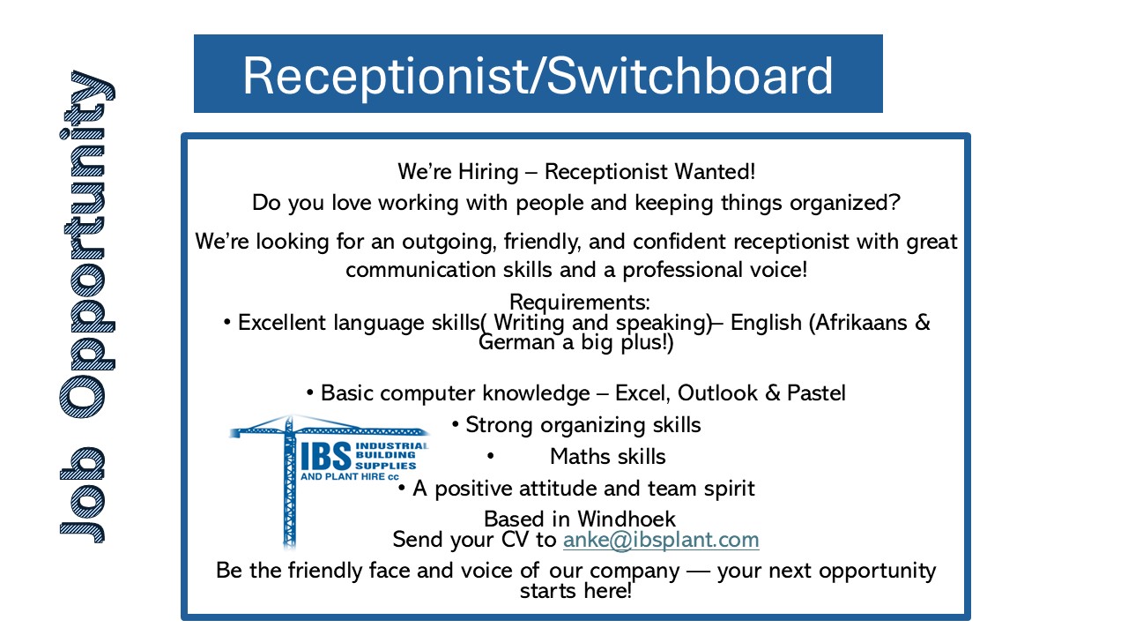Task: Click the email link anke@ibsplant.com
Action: point(661,541)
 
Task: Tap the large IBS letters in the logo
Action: point(326,456)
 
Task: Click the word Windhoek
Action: point(627,519)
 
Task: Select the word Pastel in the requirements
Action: point(816,393)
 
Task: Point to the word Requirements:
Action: point(580,303)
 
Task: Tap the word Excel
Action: point(642,393)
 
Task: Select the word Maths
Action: point(580,457)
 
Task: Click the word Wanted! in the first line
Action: point(715,171)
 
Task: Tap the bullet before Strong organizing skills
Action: point(456,425)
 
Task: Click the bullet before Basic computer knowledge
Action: point(310,393)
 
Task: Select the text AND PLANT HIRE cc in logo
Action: point(350,477)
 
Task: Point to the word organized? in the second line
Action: point(844,203)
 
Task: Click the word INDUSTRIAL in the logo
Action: point(392,445)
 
